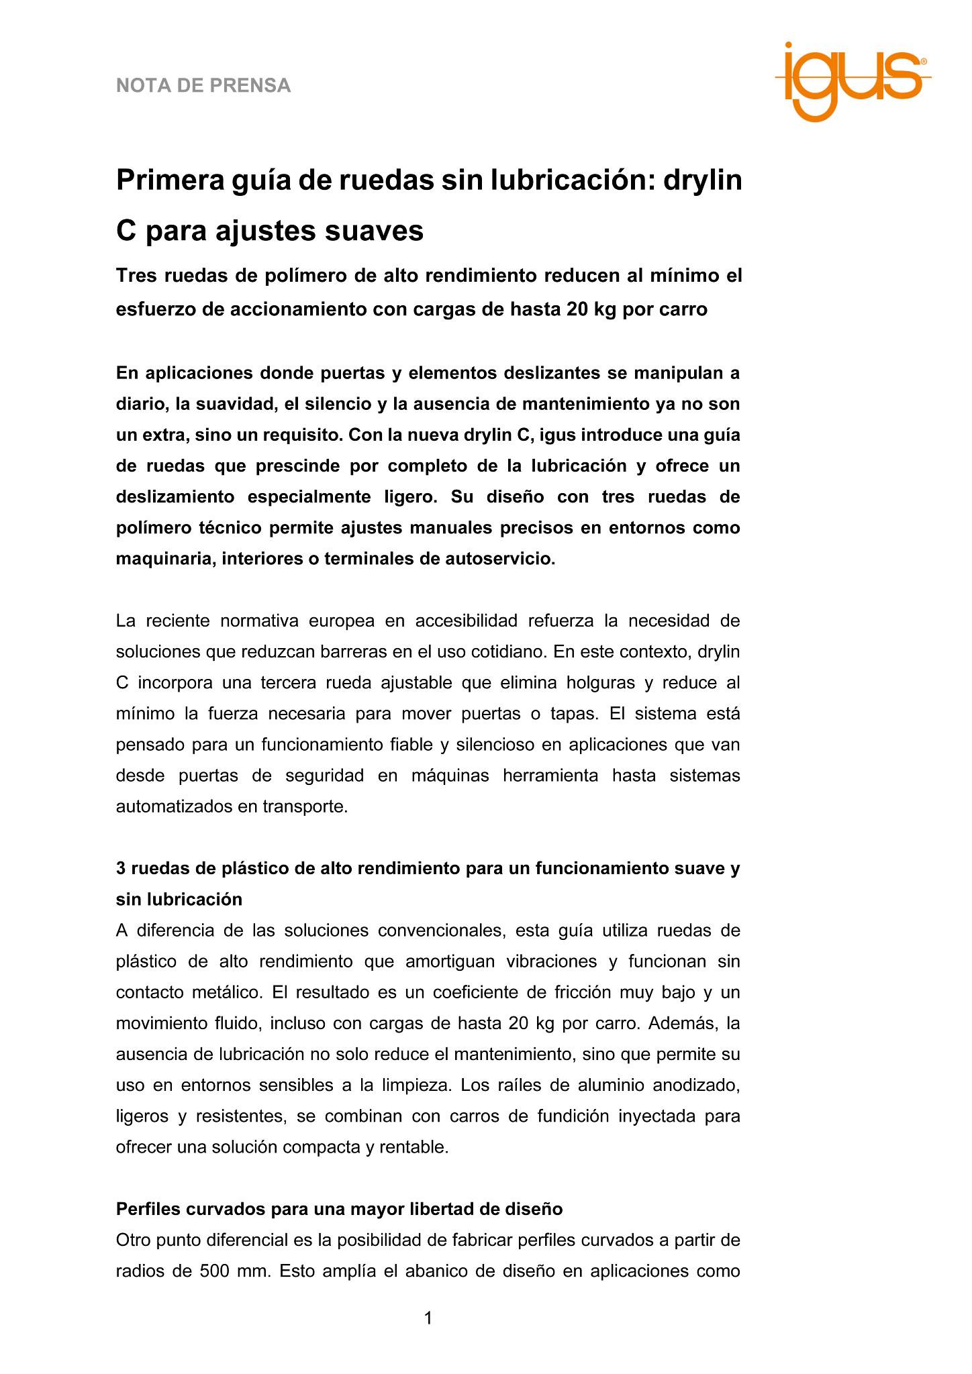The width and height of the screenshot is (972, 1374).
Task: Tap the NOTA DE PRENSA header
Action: pos(203,86)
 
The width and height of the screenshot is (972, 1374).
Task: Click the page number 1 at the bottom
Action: pos(428,1318)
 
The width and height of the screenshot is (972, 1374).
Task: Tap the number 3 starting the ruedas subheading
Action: pos(121,869)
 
